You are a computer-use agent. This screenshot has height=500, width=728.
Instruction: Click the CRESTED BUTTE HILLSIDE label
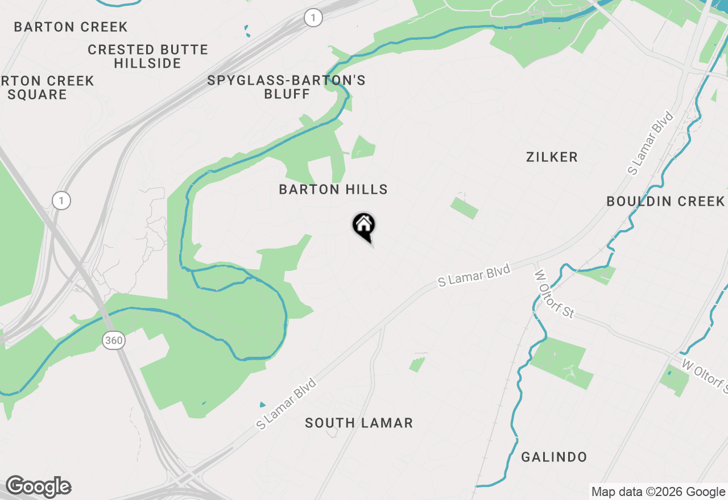(148, 56)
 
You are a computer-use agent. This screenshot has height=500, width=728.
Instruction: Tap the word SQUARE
(38, 94)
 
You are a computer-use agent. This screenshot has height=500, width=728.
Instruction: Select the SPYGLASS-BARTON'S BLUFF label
(286, 87)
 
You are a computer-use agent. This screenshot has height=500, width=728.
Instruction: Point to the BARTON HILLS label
(333, 190)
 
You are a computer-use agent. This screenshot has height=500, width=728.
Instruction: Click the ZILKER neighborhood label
(552, 157)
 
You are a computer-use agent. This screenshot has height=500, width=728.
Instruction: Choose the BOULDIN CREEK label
(665, 201)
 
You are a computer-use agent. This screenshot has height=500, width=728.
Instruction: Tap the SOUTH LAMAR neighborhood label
(358, 423)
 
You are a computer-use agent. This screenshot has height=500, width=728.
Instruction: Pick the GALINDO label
(554, 457)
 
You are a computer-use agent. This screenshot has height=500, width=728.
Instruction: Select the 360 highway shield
(114, 340)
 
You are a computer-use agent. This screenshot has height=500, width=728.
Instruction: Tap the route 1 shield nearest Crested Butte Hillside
(313, 18)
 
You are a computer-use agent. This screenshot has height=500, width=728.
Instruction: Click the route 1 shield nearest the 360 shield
(61, 201)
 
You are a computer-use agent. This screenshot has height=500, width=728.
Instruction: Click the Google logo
(38, 486)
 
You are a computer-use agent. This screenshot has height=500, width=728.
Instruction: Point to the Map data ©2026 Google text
(658, 492)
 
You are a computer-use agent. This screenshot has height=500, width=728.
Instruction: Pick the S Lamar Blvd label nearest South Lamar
(286, 404)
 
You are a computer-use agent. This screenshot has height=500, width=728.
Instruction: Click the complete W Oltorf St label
(555, 294)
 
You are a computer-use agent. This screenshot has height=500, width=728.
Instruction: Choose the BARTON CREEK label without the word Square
(71, 27)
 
